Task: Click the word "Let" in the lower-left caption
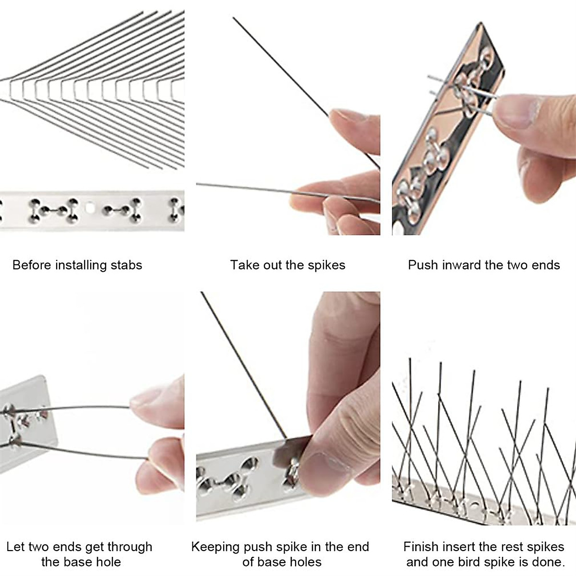(x=15, y=547)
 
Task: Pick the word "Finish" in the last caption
(x=421, y=547)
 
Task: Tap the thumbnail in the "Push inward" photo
(x=516, y=110)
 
